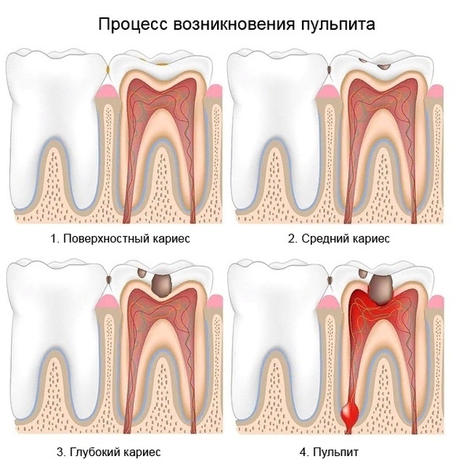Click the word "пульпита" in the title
tap(338, 24)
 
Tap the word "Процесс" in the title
tap(133, 24)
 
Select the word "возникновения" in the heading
tap(234, 24)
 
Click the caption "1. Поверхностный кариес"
tap(120, 238)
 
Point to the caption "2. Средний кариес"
tap(339, 238)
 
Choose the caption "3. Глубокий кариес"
tap(109, 452)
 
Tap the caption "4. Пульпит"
tap(329, 452)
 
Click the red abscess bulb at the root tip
tap(350, 413)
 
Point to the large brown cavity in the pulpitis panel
tap(381, 289)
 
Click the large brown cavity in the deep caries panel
tap(161, 285)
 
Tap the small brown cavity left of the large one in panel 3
tap(142, 273)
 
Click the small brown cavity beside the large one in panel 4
tap(363, 273)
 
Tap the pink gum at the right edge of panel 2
tap(436, 92)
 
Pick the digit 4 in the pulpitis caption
tap(303, 452)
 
